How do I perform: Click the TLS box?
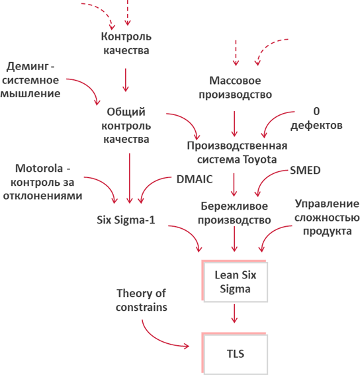[x=235, y=353]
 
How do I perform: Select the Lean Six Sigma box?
[x=235, y=281]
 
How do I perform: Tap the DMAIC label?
[x=195, y=179]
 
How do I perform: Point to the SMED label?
[x=305, y=170]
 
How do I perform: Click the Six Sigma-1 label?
[x=126, y=220]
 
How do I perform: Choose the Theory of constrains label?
[x=142, y=300]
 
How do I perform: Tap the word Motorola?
[x=39, y=169]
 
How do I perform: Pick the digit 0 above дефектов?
[x=316, y=111]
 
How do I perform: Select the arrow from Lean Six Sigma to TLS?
[x=234, y=313]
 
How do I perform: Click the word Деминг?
[x=28, y=66]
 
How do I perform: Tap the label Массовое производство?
[x=236, y=87]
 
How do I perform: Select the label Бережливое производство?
[x=234, y=213]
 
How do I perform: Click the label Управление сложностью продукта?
[x=327, y=217]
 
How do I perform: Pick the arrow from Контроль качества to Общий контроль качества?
[x=126, y=80]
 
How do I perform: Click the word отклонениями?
[x=42, y=196]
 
